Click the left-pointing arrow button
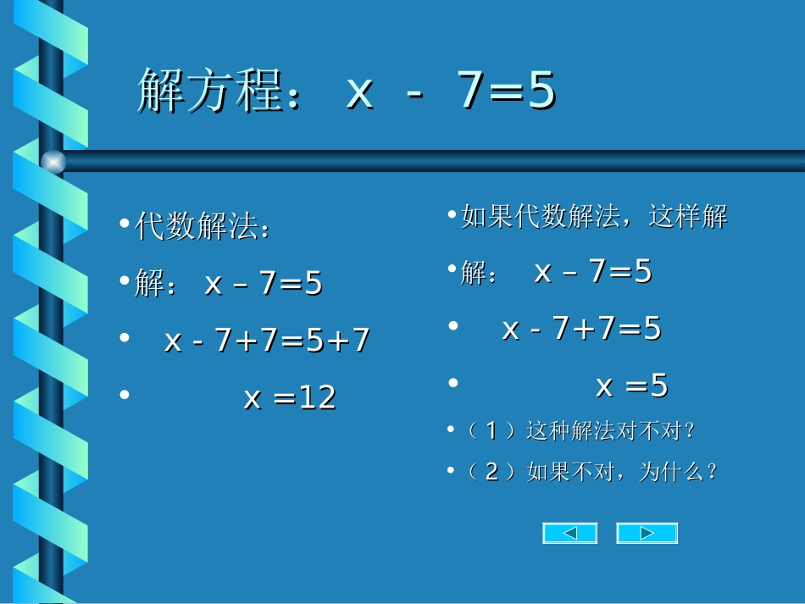[569, 533]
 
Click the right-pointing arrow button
[647, 533]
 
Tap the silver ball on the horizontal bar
[53, 161]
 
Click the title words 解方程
[209, 91]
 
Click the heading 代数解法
[202, 227]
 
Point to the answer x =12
[290, 396]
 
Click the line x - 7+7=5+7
[267, 341]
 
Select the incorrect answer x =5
[631, 386]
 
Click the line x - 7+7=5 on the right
[581, 328]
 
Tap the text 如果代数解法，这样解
[594, 217]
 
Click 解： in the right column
[480, 273]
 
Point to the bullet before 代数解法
[125, 224]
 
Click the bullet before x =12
[125, 394]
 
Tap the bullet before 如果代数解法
[452, 214]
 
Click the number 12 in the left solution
[317, 396]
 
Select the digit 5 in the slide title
[540, 91]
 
